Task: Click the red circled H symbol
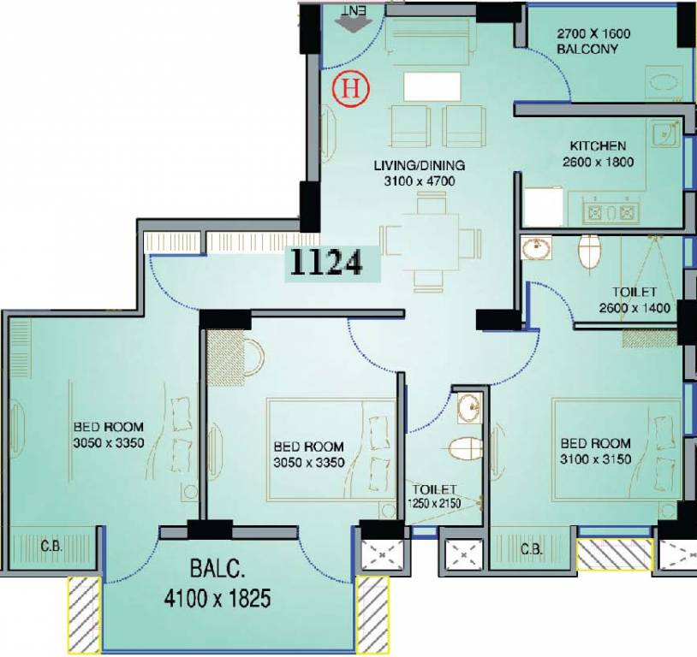point(351,90)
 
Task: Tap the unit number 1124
point(326,263)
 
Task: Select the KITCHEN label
point(598,145)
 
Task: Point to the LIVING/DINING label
point(420,165)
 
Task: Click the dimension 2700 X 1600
point(593,33)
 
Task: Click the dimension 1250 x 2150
point(434,503)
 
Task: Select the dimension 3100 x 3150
point(595,459)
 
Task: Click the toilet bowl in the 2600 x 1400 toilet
point(590,251)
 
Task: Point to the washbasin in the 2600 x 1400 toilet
point(536,247)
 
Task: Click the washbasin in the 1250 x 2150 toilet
point(469,407)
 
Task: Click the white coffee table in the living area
point(432,86)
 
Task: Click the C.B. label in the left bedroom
point(51,546)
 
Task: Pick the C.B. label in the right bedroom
point(532,549)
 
